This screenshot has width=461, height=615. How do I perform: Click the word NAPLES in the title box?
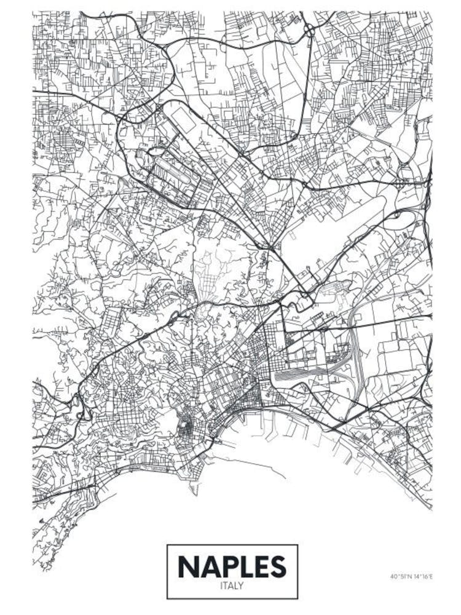[x=232, y=566]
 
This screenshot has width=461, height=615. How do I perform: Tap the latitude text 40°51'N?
[x=401, y=576]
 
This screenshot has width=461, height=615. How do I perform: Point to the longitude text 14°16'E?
[x=423, y=576]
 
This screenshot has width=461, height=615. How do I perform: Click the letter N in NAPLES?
[x=187, y=566]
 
